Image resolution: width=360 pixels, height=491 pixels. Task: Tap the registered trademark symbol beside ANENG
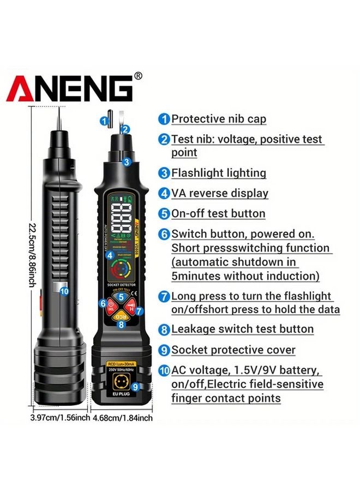(x=138, y=76)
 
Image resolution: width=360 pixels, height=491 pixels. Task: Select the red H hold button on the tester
(x=131, y=308)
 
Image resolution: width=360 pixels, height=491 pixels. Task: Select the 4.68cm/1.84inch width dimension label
(x=123, y=418)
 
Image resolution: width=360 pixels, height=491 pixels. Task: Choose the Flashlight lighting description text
(x=219, y=173)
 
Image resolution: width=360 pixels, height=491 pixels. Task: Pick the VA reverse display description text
(x=220, y=193)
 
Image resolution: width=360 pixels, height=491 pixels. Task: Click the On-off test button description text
(x=218, y=213)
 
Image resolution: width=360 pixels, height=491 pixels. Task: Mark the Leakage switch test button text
(x=242, y=329)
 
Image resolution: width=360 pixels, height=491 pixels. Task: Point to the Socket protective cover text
(x=233, y=350)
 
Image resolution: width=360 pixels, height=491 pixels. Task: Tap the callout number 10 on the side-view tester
(x=64, y=291)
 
